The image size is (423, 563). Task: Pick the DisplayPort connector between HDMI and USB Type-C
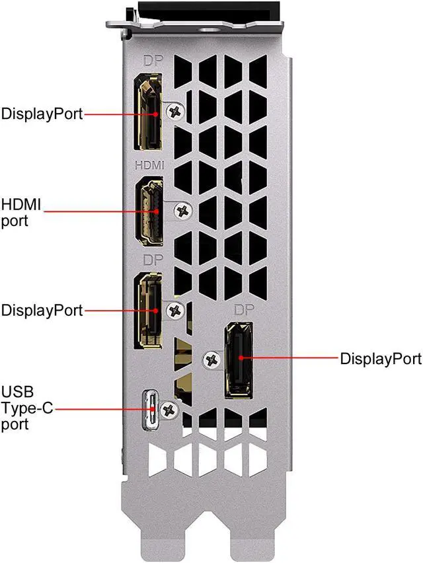[149, 310]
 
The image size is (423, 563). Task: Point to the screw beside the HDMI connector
[181, 211]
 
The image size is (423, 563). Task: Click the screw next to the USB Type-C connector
[170, 410]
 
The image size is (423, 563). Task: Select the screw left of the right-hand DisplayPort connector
[212, 360]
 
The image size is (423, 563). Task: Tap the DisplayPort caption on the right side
[380, 359]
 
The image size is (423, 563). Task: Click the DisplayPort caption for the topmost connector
[42, 114]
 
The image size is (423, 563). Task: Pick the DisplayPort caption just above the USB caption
[42, 310]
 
